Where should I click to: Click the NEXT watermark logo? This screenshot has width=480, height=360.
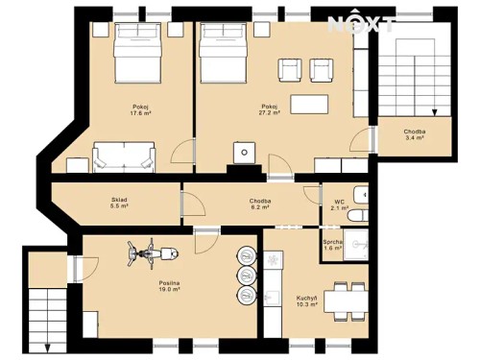pos(360,24)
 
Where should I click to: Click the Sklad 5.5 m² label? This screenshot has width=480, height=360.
pos(119,204)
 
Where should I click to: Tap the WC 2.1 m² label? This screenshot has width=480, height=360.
pos(339,204)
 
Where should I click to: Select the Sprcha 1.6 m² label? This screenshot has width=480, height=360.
pos(333,245)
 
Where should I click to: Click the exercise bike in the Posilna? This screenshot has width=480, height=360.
pos(150,253)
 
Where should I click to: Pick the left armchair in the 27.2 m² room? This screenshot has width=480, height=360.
pos(287,69)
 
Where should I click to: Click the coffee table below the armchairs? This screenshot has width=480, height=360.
pos(309,103)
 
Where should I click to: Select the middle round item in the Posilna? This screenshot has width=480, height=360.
pos(248,275)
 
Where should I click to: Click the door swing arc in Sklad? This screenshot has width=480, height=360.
pos(192,204)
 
